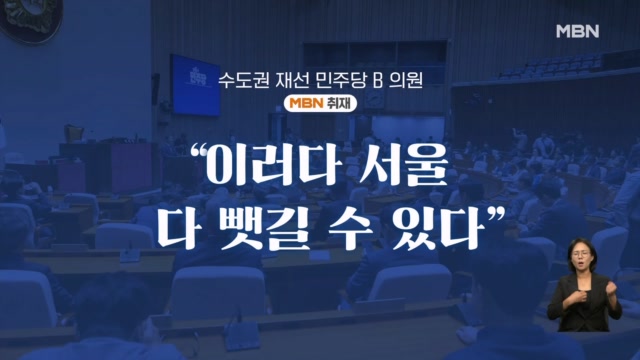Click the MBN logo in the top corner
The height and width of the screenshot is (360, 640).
(x=578, y=31)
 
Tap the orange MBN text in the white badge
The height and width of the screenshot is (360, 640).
(x=307, y=103)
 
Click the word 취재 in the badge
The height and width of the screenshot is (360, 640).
(x=339, y=103)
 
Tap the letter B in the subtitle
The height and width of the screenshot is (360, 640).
(x=378, y=81)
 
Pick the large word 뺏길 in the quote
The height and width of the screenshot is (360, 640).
(x=268, y=225)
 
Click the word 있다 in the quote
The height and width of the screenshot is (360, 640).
(x=436, y=225)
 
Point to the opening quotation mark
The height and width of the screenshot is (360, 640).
(x=198, y=154)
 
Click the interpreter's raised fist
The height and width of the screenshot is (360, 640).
(x=611, y=287)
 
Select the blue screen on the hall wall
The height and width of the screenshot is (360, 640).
(x=195, y=85)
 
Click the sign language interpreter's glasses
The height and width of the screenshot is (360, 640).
(x=580, y=254)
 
